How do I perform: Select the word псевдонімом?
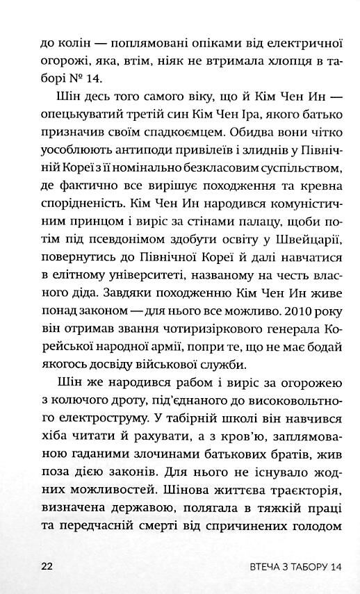coord(121,242)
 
